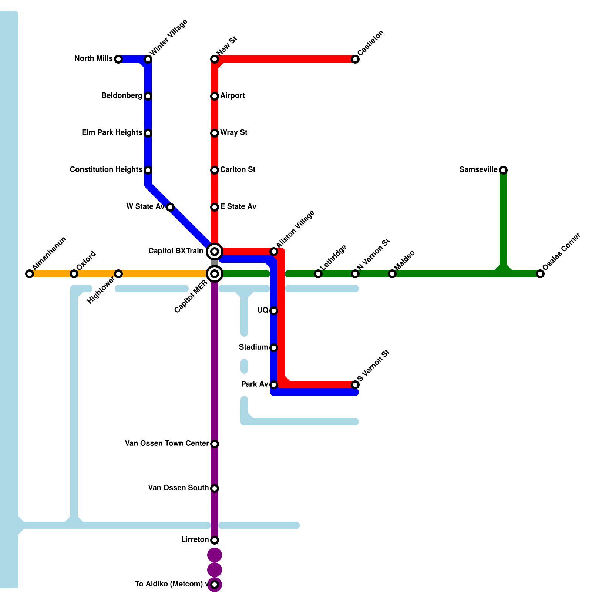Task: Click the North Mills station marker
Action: [x=118, y=59]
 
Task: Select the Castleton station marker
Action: [x=355, y=59]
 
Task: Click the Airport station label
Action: [x=232, y=96]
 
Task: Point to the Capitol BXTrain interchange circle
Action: [x=215, y=252]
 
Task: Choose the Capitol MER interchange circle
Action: [x=215, y=274]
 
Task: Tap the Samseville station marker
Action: [x=503, y=170]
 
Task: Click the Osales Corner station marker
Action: [x=540, y=274]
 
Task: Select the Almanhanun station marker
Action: [x=30, y=274]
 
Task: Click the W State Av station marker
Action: [x=170, y=207]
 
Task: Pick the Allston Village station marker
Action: [x=274, y=252]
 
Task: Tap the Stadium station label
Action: [x=253, y=347]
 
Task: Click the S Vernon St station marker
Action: [x=355, y=385]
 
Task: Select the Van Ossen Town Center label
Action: [x=167, y=444]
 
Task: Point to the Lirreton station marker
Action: [x=215, y=540]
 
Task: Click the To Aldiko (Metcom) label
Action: [x=169, y=584]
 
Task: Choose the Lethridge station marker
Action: [x=318, y=274]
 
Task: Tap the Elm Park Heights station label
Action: [x=112, y=133]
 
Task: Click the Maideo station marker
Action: [x=392, y=274]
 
